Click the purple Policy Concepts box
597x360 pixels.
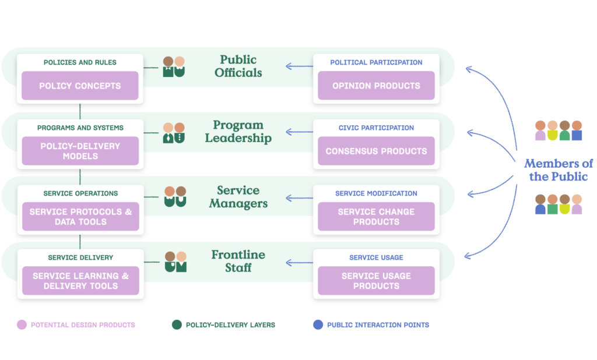point(80,86)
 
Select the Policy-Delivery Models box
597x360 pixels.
point(80,151)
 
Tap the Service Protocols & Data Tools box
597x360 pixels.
point(80,217)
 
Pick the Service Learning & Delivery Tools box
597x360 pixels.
point(80,281)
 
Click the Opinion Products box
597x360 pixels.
point(376,86)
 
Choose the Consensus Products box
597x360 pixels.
point(376,151)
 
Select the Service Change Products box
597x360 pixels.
point(376,217)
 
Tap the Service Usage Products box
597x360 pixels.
point(376,281)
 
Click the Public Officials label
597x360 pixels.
point(238,66)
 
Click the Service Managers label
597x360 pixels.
point(238,197)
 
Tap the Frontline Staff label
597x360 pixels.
point(238,261)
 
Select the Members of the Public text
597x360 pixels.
point(558,170)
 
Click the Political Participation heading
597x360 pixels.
point(376,62)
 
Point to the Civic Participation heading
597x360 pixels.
point(376,128)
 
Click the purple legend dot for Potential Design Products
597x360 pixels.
point(22,324)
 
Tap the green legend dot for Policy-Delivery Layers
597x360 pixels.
point(177,324)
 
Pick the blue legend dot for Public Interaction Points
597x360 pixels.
point(318,324)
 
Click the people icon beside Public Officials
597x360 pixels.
point(174,67)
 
